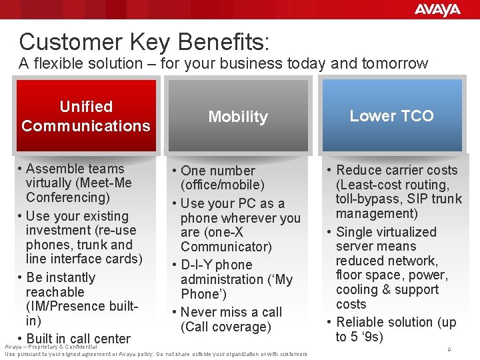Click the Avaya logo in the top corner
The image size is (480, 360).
[x=437, y=9]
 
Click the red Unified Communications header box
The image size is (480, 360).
[x=86, y=116]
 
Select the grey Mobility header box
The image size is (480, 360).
[x=238, y=117]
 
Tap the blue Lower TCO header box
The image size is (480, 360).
[x=391, y=116]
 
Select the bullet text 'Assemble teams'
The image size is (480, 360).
[x=75, y=169]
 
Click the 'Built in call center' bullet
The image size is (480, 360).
[x=78, y=339]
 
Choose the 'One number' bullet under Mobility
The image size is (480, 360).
[x=217, y=171]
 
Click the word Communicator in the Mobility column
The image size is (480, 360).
[x=226, y=247]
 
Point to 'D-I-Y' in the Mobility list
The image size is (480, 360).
[x=198, y=265]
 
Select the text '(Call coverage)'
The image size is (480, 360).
[x=226, y=327]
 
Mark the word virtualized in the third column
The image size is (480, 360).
[x=404, y=232]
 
